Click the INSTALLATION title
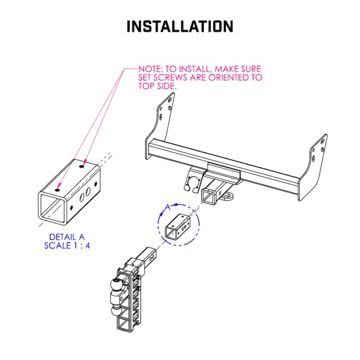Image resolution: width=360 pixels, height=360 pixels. (179, 26)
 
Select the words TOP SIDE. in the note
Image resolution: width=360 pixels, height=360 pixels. (157, 86)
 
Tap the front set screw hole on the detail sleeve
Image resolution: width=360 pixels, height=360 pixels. (57, 190)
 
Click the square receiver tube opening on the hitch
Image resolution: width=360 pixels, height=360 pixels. (211, 196)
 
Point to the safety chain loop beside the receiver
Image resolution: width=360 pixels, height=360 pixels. (230, 195)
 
